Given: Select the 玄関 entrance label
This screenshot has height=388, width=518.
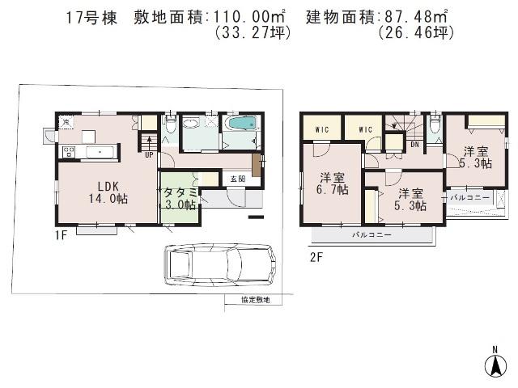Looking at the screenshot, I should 236,179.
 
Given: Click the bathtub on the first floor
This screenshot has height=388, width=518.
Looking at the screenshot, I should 241,125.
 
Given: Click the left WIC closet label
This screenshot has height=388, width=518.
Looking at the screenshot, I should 321,127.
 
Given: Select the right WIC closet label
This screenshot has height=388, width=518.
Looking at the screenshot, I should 364,127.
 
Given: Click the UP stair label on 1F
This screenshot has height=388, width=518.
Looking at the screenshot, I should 150,156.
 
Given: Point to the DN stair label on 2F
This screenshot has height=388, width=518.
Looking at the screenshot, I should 414,145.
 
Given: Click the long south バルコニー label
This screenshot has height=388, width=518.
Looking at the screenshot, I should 372,235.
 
